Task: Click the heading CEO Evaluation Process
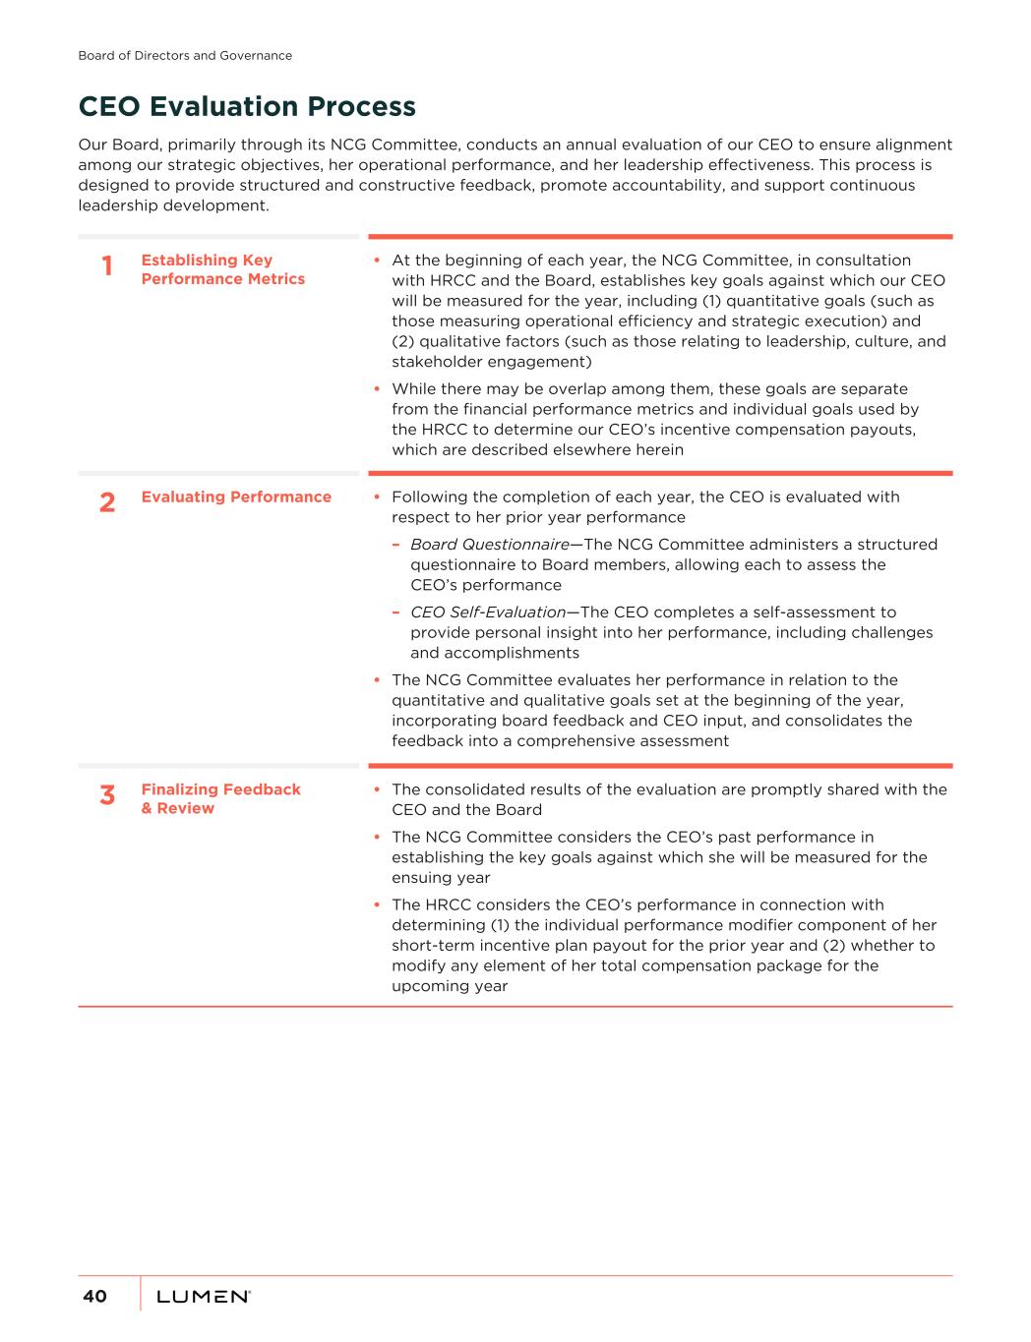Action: [247, 106]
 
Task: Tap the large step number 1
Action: [107, 266]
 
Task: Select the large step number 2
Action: [107, 503]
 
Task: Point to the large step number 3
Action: [107, 795]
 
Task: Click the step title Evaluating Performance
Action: [236, 496]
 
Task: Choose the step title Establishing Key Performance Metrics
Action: [222, 269]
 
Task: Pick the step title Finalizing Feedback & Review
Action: [220, 798]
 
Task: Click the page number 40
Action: [94, 1297]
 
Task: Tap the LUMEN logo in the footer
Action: [203, 1297]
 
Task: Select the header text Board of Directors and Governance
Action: [185, 56]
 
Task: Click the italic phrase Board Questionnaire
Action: [489, 545]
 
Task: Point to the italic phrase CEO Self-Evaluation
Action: [487, 613]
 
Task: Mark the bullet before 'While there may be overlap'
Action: [378, 389]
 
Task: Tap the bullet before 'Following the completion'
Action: [378, 497]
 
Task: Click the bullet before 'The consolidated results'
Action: [378, 790]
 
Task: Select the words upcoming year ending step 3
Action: [450, 986]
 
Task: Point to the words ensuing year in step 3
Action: [441, 878]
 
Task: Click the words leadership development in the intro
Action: [171, 205]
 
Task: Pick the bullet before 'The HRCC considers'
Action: [378, 905]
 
